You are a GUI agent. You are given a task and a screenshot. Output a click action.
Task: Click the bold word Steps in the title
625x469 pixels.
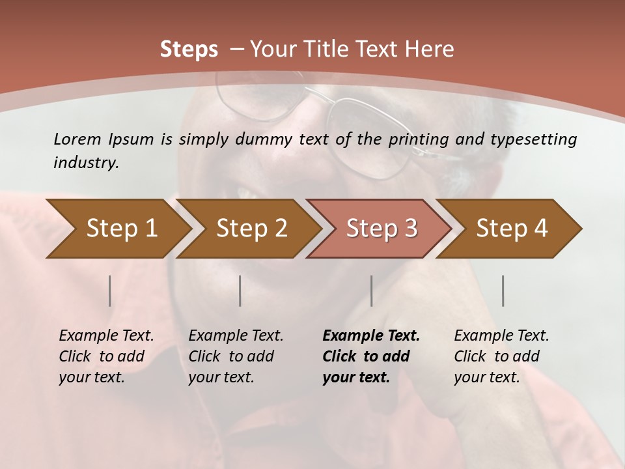tap(189, 50)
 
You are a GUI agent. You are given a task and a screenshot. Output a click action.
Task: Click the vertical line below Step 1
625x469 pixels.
tap(110, 291)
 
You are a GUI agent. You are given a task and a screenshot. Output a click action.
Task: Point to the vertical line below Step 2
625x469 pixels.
tap(240, 291)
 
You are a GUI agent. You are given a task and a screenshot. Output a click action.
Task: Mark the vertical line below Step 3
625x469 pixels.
tap(372, 291)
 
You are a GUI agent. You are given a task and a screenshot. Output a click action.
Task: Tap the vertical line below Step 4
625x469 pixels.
tap(503, 291)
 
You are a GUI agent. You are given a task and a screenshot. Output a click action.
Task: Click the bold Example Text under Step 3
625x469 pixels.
tap(371, 336)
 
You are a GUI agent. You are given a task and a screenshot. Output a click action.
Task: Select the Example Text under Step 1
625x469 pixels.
tap(106, 336)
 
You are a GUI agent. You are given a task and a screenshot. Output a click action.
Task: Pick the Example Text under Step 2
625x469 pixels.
tap(236, 336)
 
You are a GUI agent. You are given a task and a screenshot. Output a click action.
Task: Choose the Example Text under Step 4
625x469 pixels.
tap(501, 336)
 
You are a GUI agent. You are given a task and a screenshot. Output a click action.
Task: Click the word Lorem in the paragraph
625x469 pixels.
tap(77, 139)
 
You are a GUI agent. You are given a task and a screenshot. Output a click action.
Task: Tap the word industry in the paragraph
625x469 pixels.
tap(85, 163)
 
